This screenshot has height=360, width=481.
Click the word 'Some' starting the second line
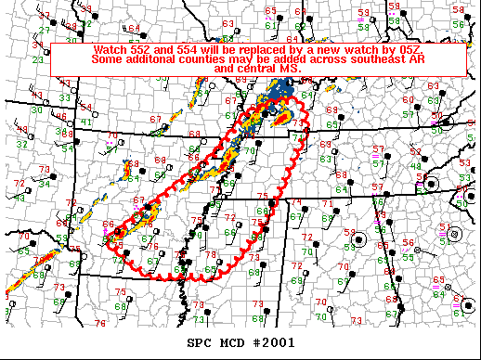(x=109, y=58)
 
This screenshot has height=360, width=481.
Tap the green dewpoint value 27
(x=43, y=30)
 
